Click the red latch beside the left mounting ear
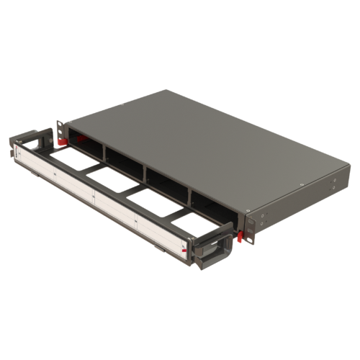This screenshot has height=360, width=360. pos(63,140)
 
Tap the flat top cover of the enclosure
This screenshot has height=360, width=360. pos(216,144)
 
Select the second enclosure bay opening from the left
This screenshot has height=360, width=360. pos(126,162)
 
